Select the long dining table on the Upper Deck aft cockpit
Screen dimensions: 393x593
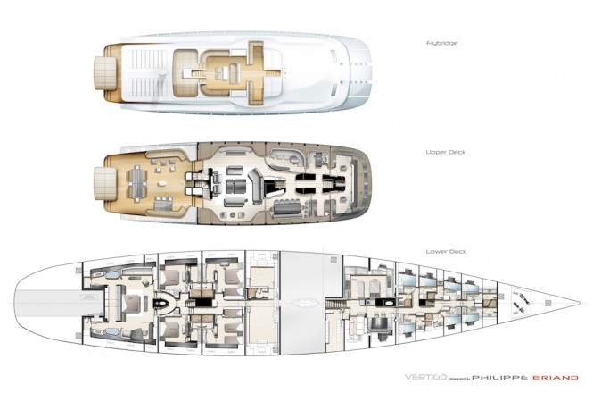(141, 182)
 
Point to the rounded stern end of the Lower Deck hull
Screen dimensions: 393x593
(20, 304)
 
